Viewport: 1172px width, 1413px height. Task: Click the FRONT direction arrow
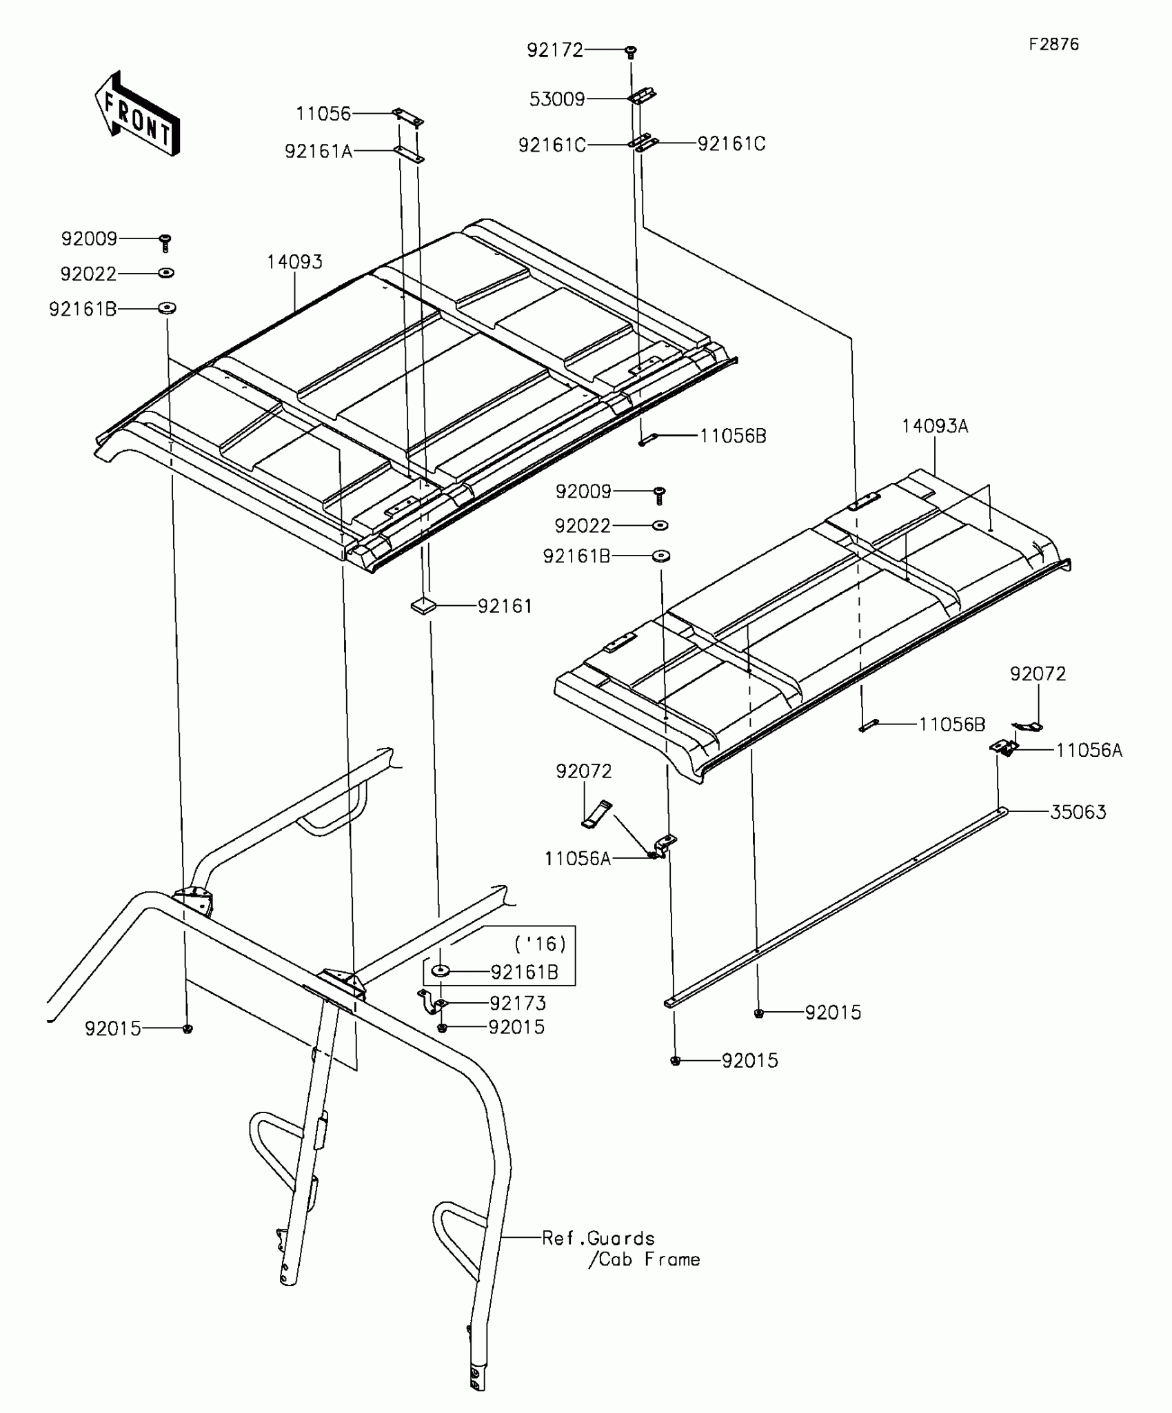click(x=137, y=114)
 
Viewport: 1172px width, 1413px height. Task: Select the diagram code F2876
click(x=1053, y=45)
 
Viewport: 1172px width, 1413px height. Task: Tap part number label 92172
click(x=554, y=50)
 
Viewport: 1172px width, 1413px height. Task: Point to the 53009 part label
click(x=557, y=99)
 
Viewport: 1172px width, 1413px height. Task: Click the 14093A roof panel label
click(x=934, y=427)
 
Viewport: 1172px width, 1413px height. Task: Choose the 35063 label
click(x=1078, y=812)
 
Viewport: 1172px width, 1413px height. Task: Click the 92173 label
click(x=517, y=1004)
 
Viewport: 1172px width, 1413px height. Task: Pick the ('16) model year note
click(x=540, y=943)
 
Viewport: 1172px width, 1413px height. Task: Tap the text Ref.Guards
click(x=598, y=1239)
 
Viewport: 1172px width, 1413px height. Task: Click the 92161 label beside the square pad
click(x=505, y=606)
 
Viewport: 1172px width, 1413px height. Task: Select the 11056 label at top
click(x=323, y=114)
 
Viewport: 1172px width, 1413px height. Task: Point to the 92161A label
click(x=319, y=151)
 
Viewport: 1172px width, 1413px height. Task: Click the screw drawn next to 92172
click(x=630, y=52)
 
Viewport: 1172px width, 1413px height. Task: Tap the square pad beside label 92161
click(x=423, y=606)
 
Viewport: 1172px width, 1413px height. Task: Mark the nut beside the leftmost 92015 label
click(x=188, y=1029)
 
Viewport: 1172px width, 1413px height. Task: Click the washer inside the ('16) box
click(x=441, y=971)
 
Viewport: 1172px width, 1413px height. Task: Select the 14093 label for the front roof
click(x=294, y=262)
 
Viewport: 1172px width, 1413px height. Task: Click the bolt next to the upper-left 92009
click(x=165, y=242)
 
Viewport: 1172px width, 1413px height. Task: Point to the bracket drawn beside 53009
click(x=642, y=96)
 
